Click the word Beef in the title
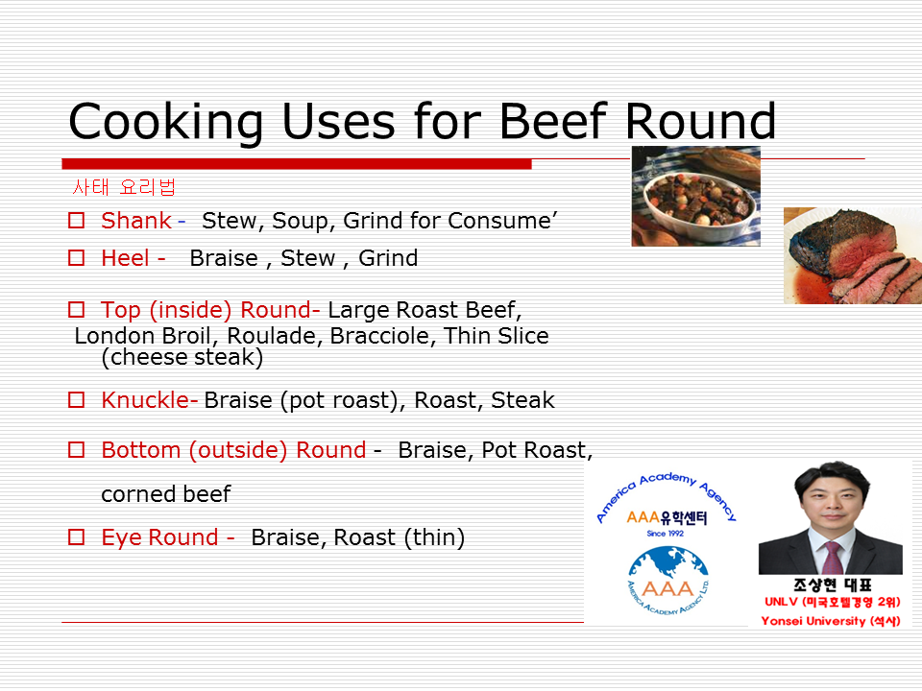click(x=553, y=121)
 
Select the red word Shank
click(x=135, y=221)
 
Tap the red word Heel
click(x=125, y=258)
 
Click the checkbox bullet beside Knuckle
click(x=77, y=400)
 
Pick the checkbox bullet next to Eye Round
click(x=77, y=537)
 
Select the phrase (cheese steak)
click(x=182, y=357)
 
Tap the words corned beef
click(x=166, y=494)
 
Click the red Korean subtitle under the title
click(x=124, y=187)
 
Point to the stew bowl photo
click(x=695, y=196)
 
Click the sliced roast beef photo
click(x=853, y=255)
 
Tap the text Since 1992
click(x=665, y=534)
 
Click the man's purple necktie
click(x=832, y=558)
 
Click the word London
click(x=114, y=336)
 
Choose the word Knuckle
click(x=146, y=400)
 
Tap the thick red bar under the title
click(x=297, y=164)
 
